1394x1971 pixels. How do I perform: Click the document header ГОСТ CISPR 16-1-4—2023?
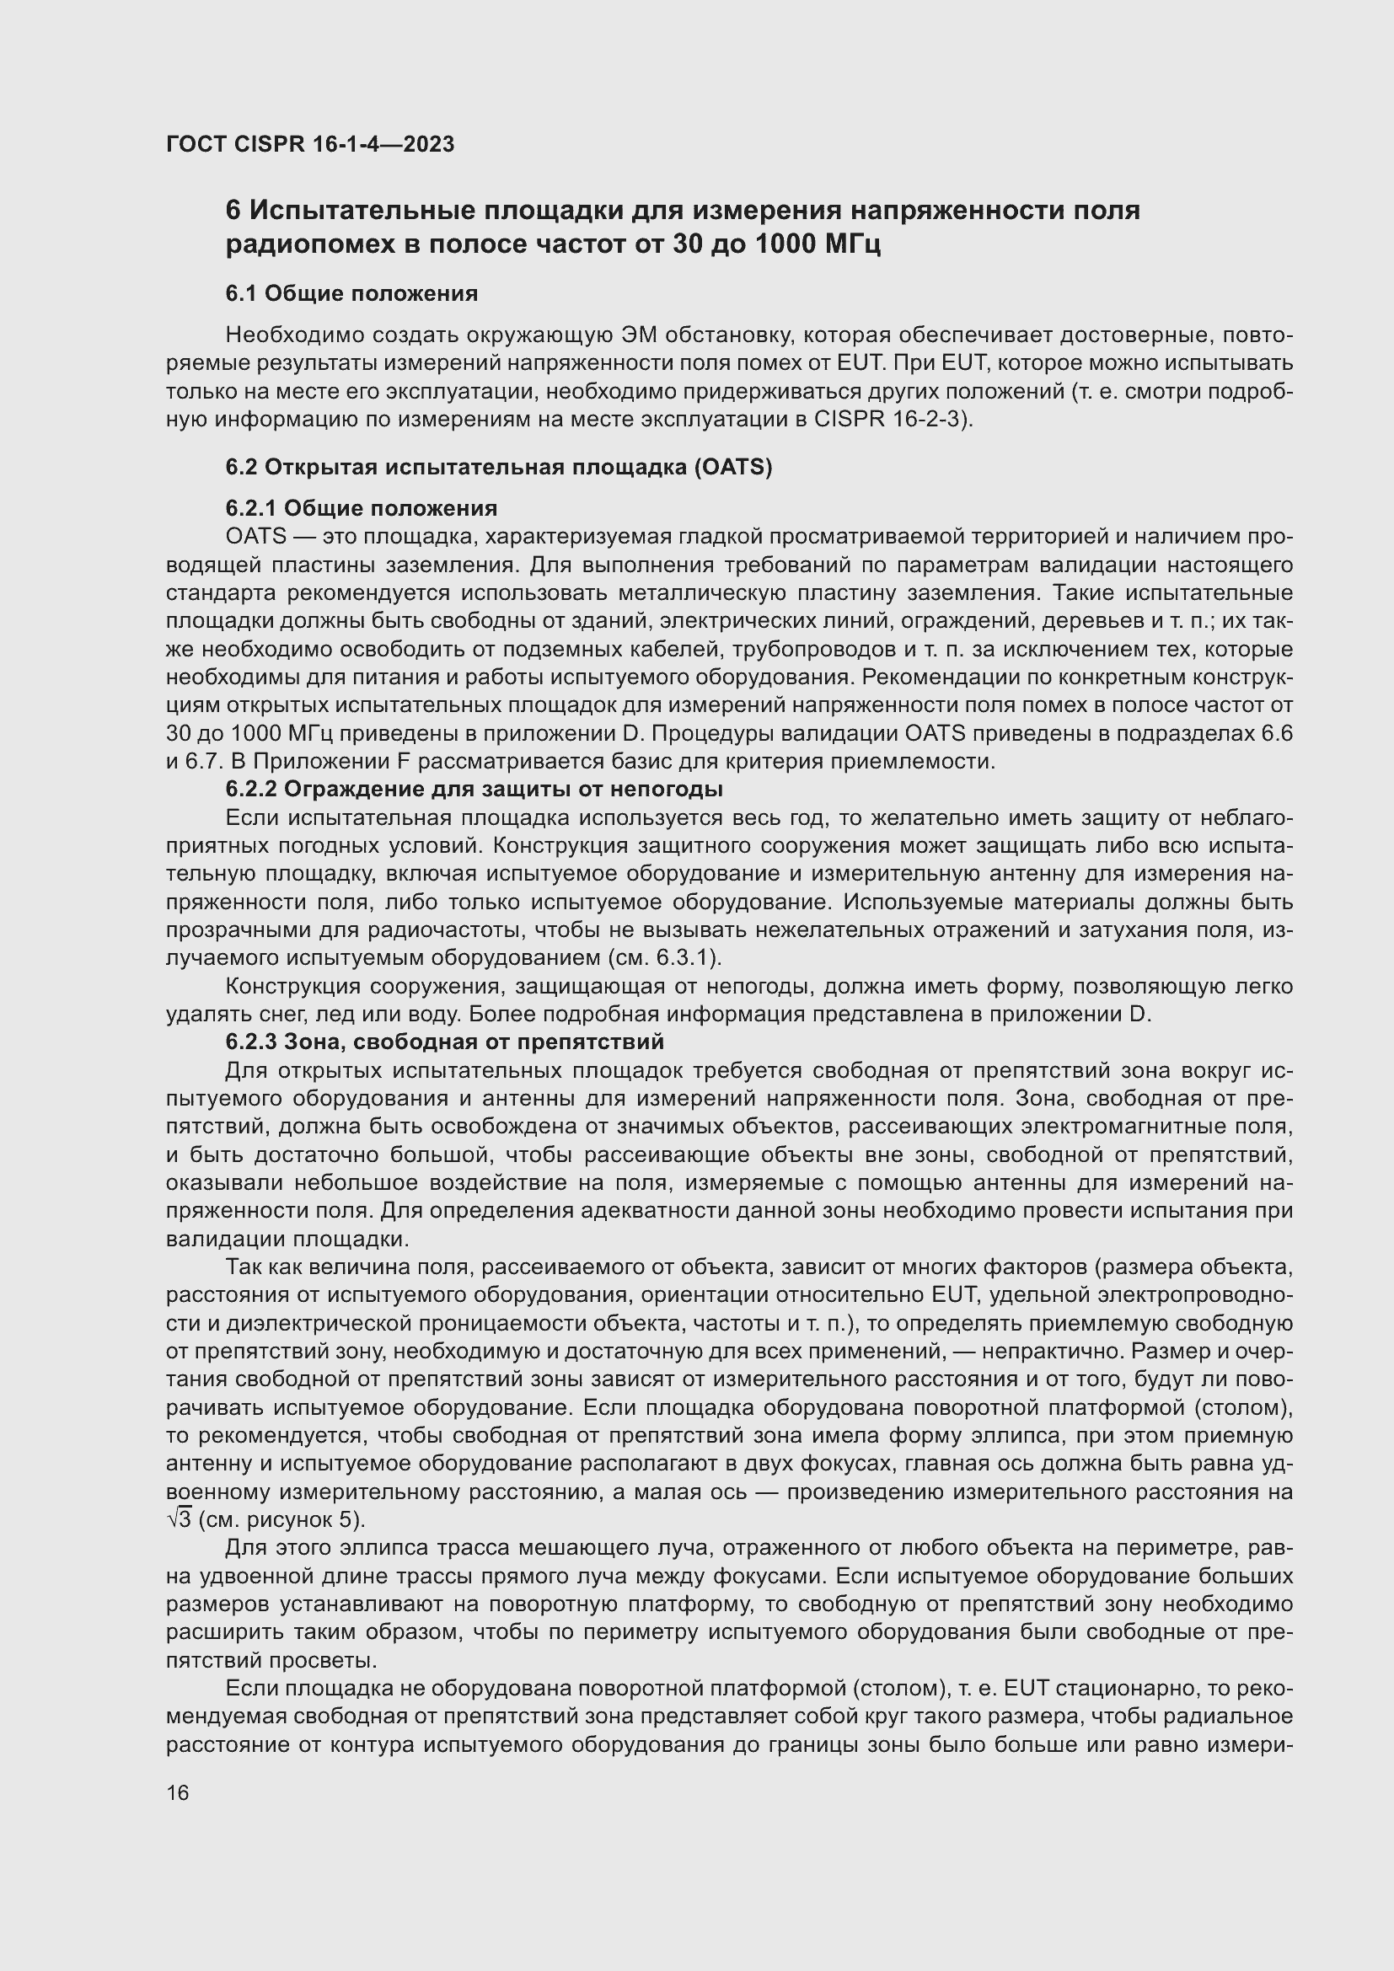click(310, 144)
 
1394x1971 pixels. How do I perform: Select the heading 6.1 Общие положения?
click(352, 293)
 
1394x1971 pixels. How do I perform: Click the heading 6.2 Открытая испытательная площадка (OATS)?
click(499, 467)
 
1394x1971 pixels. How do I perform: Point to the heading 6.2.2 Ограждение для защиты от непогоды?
click(474, 789)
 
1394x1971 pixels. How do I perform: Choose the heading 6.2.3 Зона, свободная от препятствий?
click(445, 1042)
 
